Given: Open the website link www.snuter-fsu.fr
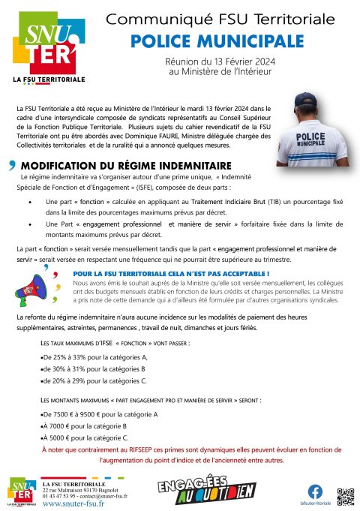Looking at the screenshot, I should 73,503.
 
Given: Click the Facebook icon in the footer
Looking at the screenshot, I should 314,491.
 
